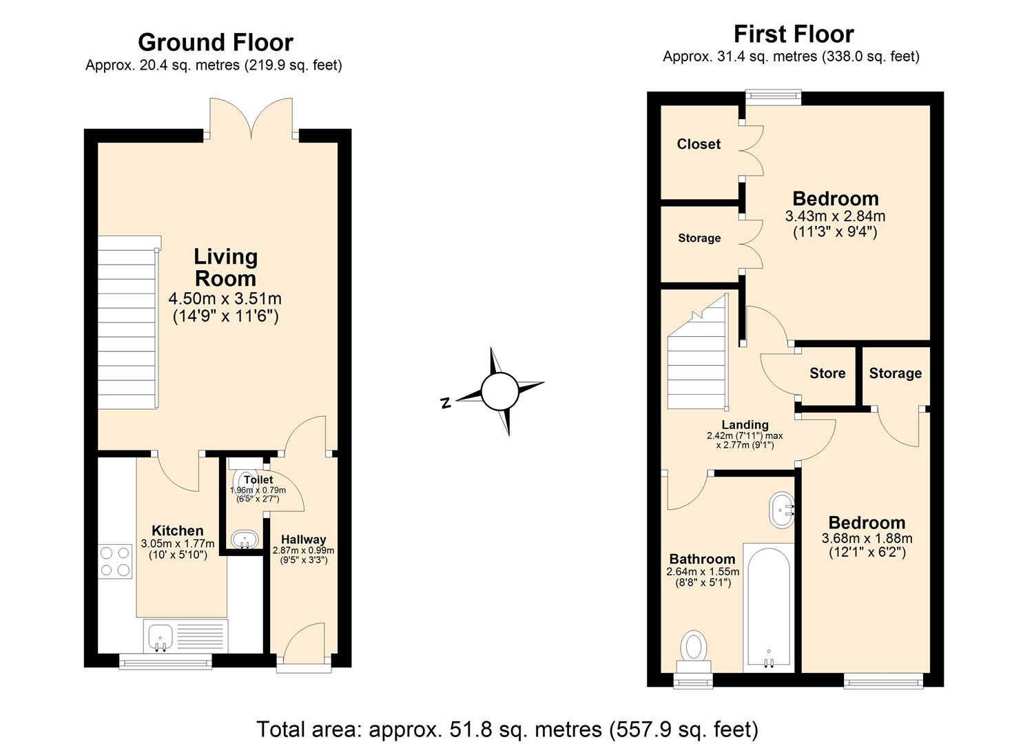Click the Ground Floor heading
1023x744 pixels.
click(215, 43)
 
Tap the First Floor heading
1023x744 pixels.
click(793, 34)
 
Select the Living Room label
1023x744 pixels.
click(225, 267)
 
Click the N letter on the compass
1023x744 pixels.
click(446, 404)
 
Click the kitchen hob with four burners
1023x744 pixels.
click(115, 561)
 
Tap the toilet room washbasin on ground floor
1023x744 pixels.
click(243, 539)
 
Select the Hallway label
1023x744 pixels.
click(303, 539)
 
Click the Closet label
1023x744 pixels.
click(699, 144)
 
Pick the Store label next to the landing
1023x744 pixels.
click(827, 373)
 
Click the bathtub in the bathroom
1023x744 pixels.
click(768, 606)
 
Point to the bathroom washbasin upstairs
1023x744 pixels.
click(782, 510)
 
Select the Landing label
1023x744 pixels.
click(745, 425)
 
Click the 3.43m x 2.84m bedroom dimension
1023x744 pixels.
click(835, 216)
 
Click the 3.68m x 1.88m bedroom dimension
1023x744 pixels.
click(867, 539)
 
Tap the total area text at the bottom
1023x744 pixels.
click(507, 729)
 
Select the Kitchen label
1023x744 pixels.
click(177, 530)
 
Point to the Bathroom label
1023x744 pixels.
click(702, 559)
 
